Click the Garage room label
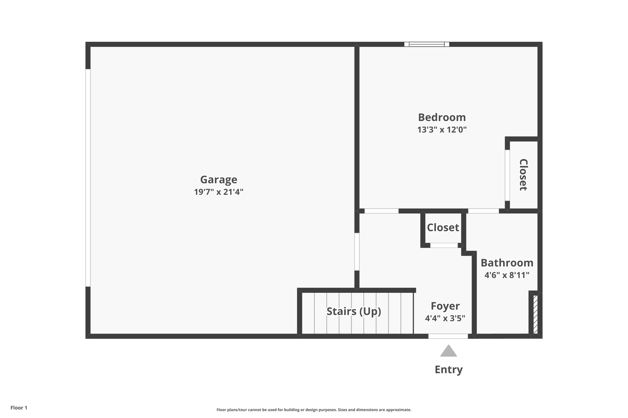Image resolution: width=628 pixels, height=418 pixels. click(x=219, y=179)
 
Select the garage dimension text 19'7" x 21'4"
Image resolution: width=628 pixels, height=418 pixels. click(x=219, y=192)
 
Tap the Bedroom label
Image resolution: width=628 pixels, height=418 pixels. click(x=442, y=117)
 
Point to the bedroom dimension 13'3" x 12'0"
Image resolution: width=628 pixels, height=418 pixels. click(x=442, y=130)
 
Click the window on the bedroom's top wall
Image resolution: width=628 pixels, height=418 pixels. click(x=427, y=44)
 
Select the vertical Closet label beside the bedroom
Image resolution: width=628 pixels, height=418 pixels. click(x=523, y=175)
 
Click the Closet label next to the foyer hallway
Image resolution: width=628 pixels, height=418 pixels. click(x=443, y=228)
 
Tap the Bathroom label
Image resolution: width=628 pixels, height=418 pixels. click(x=507, y=263)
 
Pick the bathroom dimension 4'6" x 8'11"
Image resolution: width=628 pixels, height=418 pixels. click(x=507, y=275)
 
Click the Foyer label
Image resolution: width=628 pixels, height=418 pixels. click(x=445, y=306)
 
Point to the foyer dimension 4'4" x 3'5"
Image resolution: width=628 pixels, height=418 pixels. click(x=445, y=318)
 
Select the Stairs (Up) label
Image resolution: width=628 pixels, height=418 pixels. click(x=354, y=311)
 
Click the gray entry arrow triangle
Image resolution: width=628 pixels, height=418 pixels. click(x=448, y=352)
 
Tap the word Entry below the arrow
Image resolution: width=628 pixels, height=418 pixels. click(x=448, y=370)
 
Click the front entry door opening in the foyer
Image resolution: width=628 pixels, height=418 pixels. click(x=448, y=336)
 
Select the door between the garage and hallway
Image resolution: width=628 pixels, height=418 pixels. click(x=357, y=252)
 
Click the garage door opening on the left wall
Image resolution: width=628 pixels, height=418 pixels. click(x=88, y=178)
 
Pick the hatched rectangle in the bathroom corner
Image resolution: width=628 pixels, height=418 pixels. click(x=535, y=314)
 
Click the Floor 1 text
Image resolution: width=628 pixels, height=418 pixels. click(x=19, y=408)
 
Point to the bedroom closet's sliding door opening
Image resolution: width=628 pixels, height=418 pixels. click(x=507, y=175)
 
